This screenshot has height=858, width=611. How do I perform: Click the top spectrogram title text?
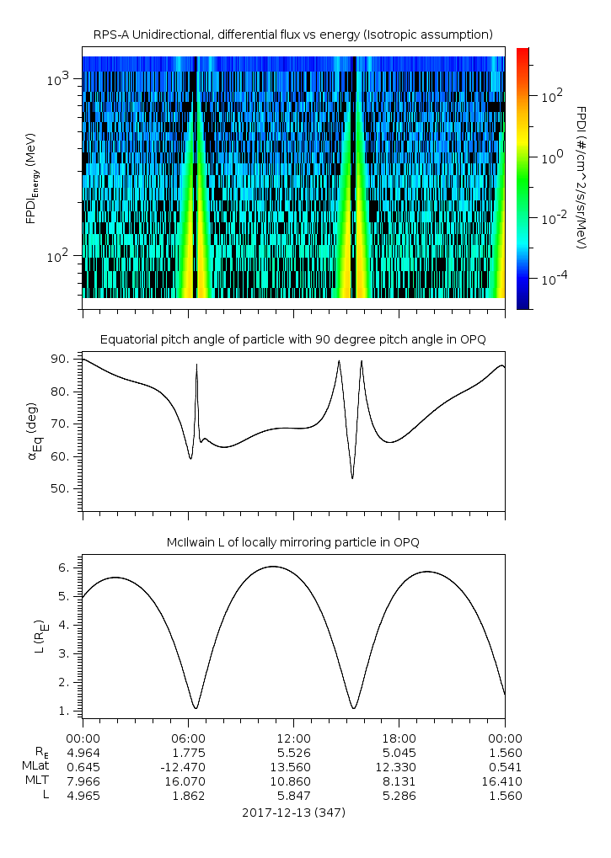(x=292, y=35)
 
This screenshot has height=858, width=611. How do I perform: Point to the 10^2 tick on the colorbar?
(x=551, y=97)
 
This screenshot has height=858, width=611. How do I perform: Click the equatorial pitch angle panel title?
(x=292, y=339)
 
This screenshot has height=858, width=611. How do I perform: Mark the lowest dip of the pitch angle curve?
(x=352, y=478)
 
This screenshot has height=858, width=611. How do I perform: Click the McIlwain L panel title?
(x=292, y=542)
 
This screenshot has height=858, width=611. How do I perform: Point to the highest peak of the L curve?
(x=272, y=567)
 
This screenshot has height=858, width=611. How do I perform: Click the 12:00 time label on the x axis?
(x=292, y=738)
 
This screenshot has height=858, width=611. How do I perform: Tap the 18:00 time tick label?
(x=399, y=738)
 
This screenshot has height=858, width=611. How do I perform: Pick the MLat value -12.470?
(x=187, y=766)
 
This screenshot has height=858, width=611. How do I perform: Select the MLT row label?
(x=35, y=781)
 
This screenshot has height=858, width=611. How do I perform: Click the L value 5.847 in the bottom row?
(x=292, y=795)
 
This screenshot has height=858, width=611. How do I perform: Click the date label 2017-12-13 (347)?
(x=292, y=813)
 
